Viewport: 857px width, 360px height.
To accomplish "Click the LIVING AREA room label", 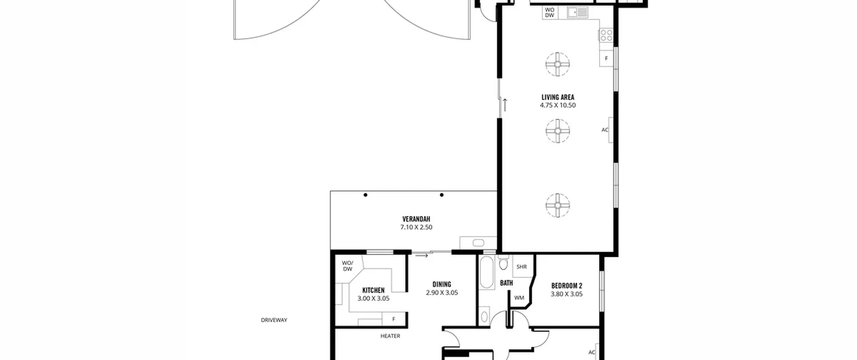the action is [558, 97].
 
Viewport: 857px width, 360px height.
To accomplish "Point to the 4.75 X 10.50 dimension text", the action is [558, 105].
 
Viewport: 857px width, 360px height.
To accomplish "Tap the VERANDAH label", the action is [416, 219].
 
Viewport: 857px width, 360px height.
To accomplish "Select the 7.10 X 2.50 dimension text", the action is [416, 227].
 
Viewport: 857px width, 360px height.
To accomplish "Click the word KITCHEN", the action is [373, 290].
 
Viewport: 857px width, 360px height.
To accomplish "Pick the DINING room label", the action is [442, 284].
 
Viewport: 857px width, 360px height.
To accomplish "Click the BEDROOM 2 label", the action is [567, 286].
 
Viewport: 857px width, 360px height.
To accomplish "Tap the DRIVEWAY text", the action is [274, 320].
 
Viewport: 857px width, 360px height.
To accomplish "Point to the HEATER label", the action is [390, 336].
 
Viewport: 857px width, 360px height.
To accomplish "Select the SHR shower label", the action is [522, 267].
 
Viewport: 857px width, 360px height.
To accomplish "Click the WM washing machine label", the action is [519, 298].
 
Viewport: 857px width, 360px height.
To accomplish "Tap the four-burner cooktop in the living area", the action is [606, 35].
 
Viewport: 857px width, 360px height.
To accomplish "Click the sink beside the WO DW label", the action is [577, 12].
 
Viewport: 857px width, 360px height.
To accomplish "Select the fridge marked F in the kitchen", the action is [394, 319].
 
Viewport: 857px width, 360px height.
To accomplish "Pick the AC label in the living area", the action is [605, 130].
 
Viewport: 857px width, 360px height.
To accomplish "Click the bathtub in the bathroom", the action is [487, 273].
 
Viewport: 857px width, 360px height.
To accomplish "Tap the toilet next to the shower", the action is [503, 263].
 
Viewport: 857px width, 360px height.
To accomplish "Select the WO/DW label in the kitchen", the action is [347, 266].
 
